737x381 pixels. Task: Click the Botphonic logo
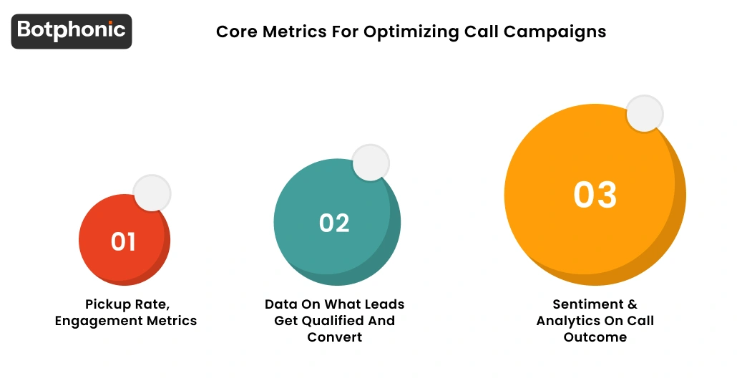pyautogui.click(x=71, y=31)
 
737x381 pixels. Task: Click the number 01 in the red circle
pyautogui.click(x=123, y=242)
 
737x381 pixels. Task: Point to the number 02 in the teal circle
pyautogui.click(x=334, y=223)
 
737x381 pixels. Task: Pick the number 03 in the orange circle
pyautogui.click(x=595, y=195)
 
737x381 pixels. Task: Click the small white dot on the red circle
pyautogui.click(x=152, y=193)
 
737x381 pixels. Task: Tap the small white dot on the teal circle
pyautogui.click(x=371, y=162)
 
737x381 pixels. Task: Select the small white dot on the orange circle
pyautogui.click(x=645, y=114)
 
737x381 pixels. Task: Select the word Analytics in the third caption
pyautogui.click(x=569, y=321)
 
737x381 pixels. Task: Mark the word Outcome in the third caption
pyautogui.click(x=595, y=337)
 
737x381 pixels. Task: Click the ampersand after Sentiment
pyautogui.click(x=631, y=304)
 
